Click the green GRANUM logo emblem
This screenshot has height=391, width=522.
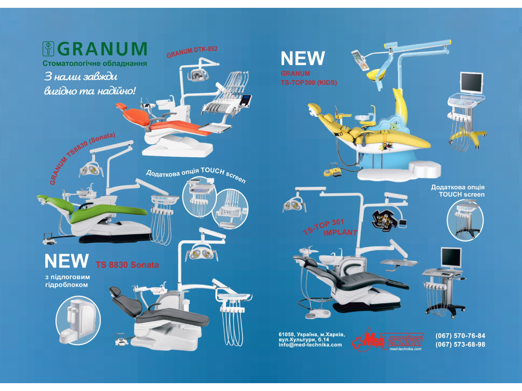48,49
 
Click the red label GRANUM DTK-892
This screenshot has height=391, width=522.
192,52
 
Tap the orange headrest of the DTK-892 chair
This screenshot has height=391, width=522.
121,106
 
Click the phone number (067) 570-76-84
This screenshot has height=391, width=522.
460,336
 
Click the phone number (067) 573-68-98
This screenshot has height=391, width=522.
460,344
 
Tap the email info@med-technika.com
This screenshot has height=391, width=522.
310,345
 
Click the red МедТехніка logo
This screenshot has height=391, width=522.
388,340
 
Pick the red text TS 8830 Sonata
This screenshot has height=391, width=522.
127,265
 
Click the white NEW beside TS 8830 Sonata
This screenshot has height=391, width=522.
67,261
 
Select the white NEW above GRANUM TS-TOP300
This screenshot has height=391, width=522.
302,58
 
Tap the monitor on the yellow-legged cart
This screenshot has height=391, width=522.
472,83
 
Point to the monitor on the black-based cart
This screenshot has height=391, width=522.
451,258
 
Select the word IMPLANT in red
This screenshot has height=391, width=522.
340,232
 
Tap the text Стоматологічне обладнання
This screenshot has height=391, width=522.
95,63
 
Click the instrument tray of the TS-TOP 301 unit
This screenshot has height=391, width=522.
399,262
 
